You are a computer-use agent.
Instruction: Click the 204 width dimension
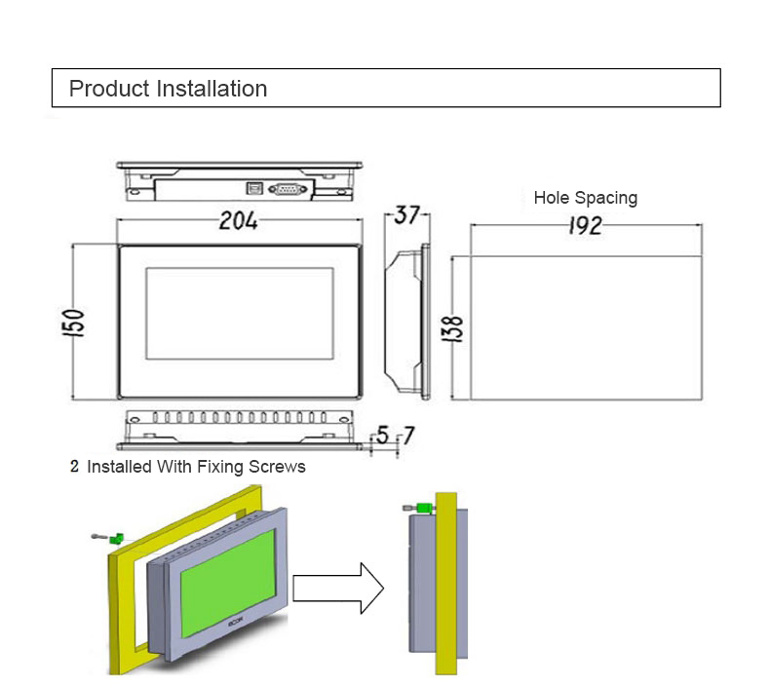[x=238, y=221]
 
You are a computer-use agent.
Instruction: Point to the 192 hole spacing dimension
[x=585, y=226]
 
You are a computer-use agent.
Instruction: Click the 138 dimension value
[x=454, y=328]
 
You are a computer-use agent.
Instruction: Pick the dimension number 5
[x=382, y=437]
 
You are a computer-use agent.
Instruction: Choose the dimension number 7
[x=407, y=437]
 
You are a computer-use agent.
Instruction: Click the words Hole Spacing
[x=585, y=198]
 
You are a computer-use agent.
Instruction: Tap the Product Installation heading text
[x=168, y=89]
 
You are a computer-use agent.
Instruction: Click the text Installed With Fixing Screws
[x=196, y=467]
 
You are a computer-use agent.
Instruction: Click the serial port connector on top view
[x=288, y=189]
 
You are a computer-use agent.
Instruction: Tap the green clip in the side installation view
[x=425, y=508]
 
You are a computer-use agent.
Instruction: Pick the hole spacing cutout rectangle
[x=585, y=327]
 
